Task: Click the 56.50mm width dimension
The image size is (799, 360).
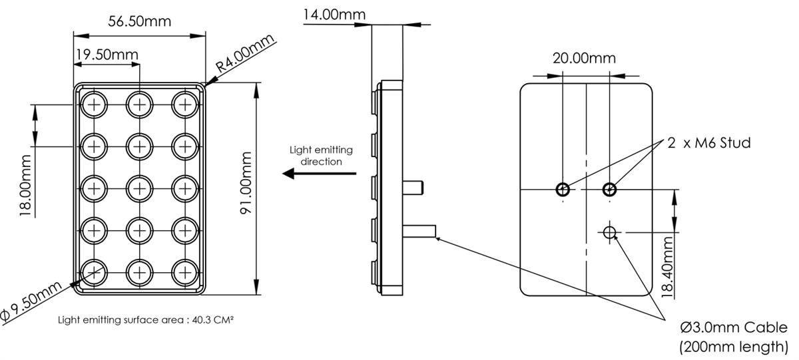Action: (139, 21)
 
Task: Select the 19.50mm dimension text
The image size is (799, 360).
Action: (106, 54)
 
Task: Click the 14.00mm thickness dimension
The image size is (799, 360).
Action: (334, 14)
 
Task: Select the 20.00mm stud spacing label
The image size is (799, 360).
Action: (584, 58)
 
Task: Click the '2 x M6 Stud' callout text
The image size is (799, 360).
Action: (709, 143)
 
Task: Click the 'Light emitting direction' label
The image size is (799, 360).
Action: (321, 156)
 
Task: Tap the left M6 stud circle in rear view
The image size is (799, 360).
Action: (563, 190)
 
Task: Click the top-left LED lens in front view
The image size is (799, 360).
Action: (94, 104)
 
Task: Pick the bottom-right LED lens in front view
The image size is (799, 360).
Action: (184, 271)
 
